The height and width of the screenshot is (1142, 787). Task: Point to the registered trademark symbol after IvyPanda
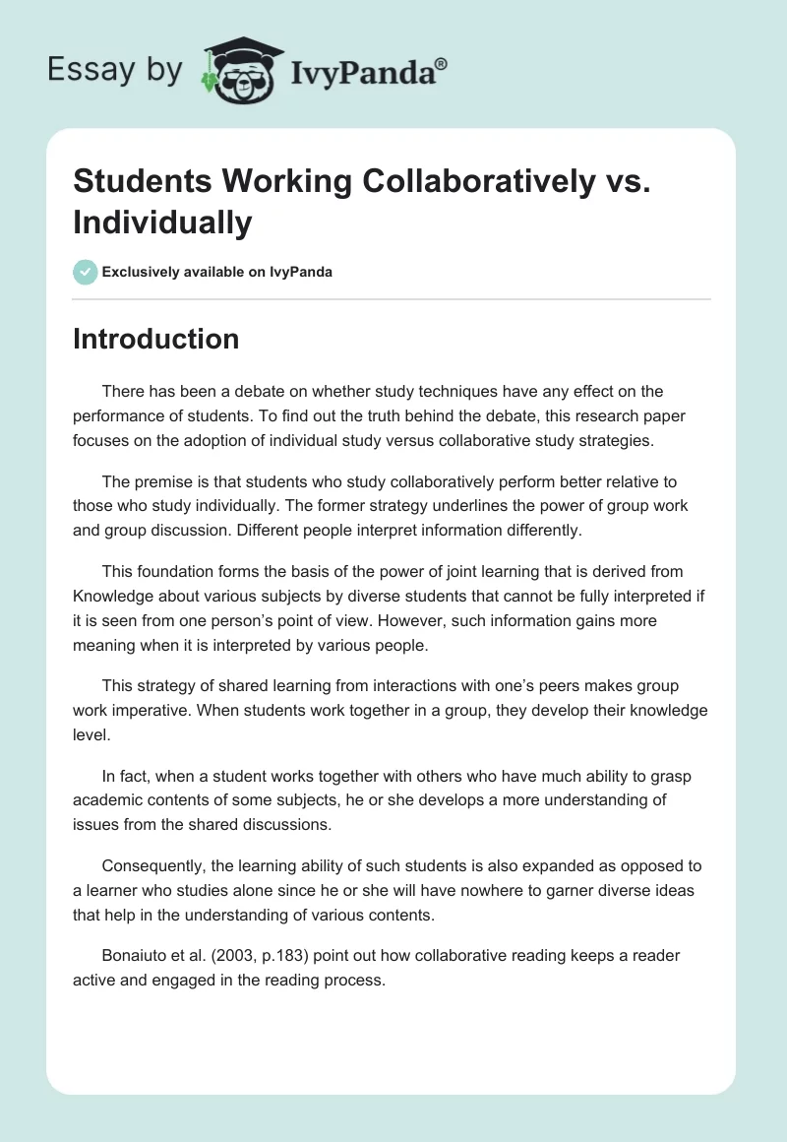442,64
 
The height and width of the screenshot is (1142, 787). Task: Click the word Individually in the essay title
162,222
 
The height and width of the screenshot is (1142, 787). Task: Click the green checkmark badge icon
86,272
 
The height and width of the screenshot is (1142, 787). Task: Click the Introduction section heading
155,339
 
